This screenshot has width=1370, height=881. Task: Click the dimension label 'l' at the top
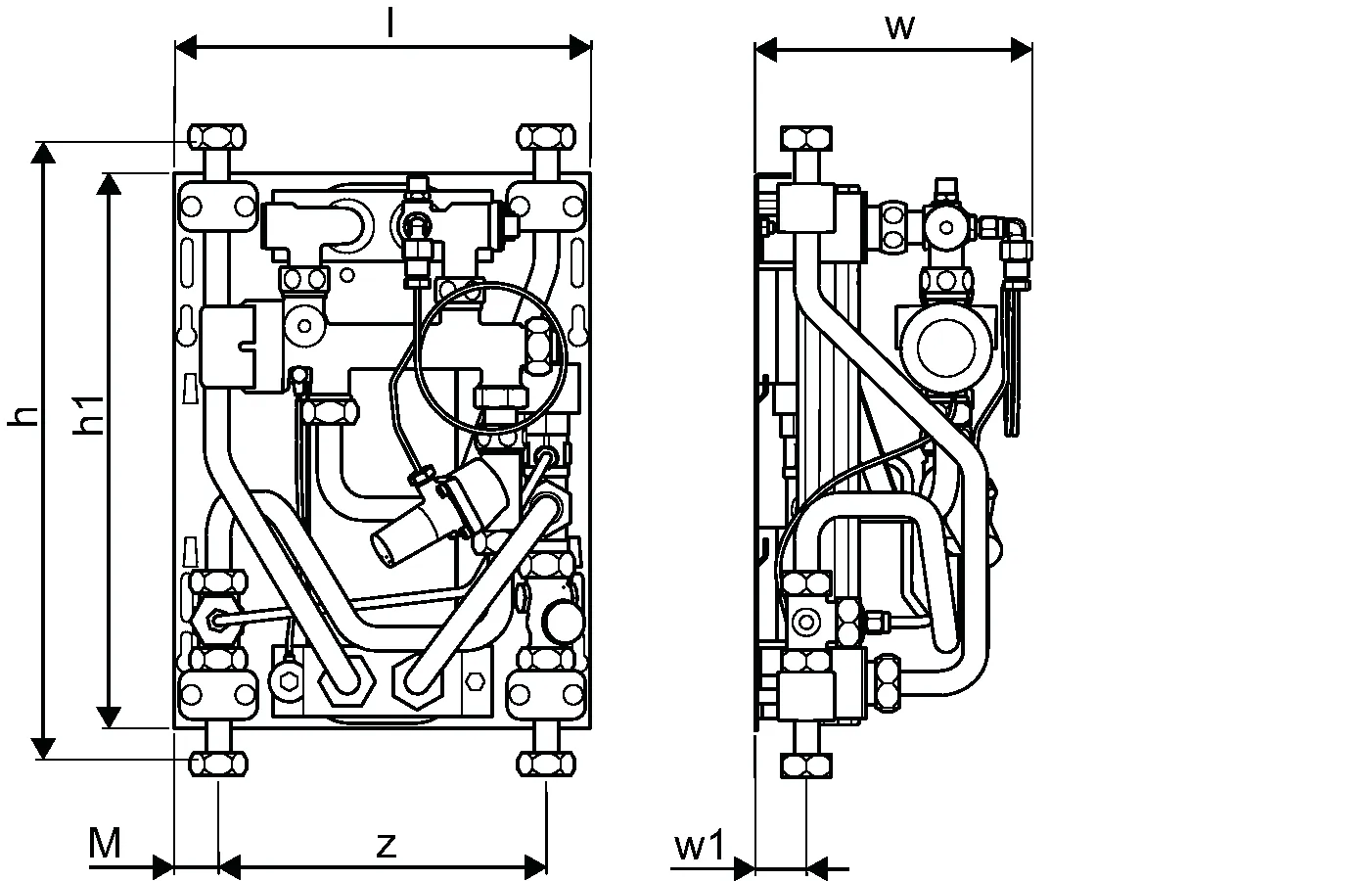pos(389,23)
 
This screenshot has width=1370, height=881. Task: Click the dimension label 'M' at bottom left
pos(105,844)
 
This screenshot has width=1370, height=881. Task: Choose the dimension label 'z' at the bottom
pos(388,844)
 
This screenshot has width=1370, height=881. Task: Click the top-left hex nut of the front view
pos(216,135)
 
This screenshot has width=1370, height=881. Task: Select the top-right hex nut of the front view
pos(547,135)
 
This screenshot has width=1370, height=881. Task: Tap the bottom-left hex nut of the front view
pos(216,764)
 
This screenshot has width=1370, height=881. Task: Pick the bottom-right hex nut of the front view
pos(547,764)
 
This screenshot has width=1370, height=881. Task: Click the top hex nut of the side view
pos(807,136)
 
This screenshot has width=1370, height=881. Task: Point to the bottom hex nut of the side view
pos(807,765)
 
